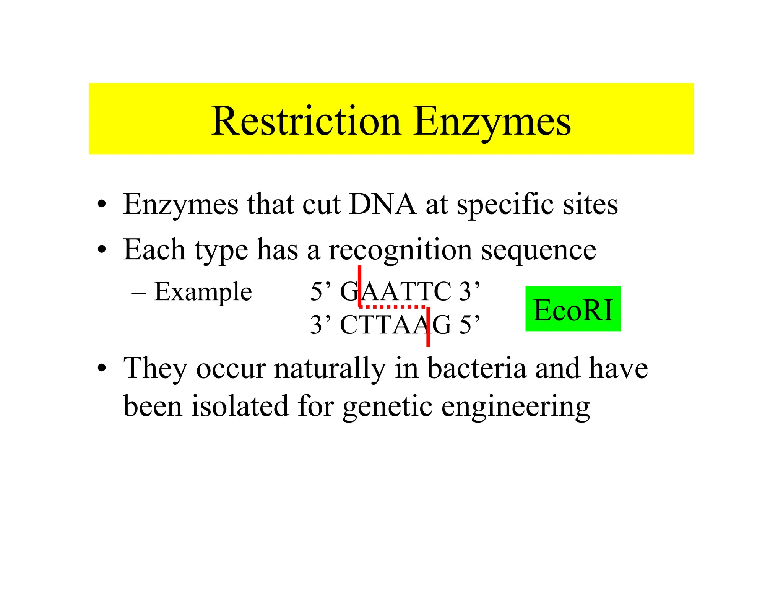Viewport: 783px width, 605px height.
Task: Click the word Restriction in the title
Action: pos(306,121)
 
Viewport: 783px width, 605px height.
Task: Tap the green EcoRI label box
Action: pos(573,309)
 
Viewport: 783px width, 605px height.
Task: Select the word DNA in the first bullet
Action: pos(382,204)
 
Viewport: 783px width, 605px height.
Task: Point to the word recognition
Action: pos(400,250)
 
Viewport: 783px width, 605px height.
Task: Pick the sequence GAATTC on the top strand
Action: pos(396,292)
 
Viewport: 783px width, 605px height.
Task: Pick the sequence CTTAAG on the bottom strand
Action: pos(396,325)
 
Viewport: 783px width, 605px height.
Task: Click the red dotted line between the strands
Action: pos(393,307)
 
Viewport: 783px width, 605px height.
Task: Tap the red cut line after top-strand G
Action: pos(360,285)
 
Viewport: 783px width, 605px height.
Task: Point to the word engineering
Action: pos(515,407)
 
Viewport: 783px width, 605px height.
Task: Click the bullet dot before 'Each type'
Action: pos(102,250)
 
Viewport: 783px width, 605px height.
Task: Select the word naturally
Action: pos(330,369)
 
